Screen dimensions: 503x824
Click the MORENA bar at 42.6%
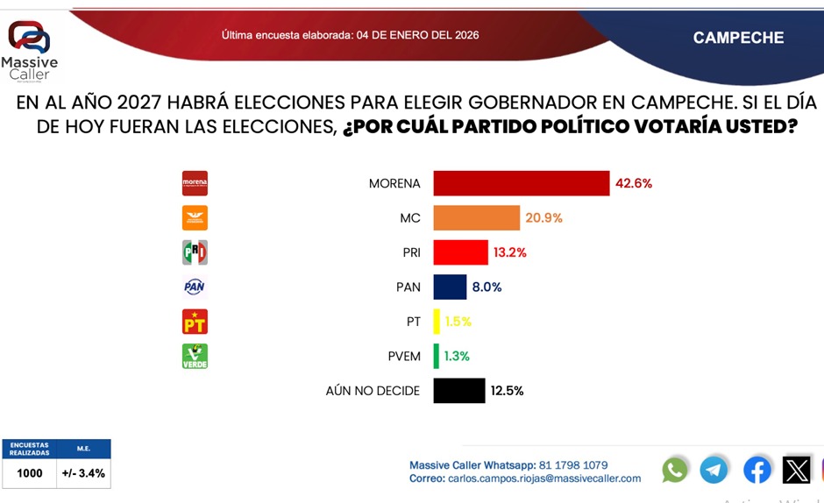click(x=522, y=183)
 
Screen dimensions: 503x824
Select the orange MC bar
click(x=477, y=218)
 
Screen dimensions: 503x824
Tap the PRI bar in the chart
click(x=461, y=252)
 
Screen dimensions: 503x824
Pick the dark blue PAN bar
click(x=451, y=287)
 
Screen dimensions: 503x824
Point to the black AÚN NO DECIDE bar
click(x=459, y=391)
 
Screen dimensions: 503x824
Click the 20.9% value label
click(x=544, y=218)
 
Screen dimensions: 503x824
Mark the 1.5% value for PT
click(x=458, y=322)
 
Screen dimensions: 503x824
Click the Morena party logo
click(x=195, y=183)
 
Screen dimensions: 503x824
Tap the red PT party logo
click(x=195, y=322)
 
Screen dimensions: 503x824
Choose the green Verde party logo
click(x=195, y=356)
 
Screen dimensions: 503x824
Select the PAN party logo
click(x=195, y=287)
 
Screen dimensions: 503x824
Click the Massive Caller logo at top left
click(x=29, y=49)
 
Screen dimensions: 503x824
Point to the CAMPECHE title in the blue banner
click(x=738, y=38)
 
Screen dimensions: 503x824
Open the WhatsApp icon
click(x=675, y=470)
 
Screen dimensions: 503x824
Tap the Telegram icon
click(x=714, y=470)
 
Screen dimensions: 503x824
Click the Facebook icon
click(x=757, y=470)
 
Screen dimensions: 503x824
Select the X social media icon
click(x=797, y=470)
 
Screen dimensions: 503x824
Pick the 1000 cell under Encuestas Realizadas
click(x=29, y=473)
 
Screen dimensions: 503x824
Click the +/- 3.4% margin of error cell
click(x=83, y=473)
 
